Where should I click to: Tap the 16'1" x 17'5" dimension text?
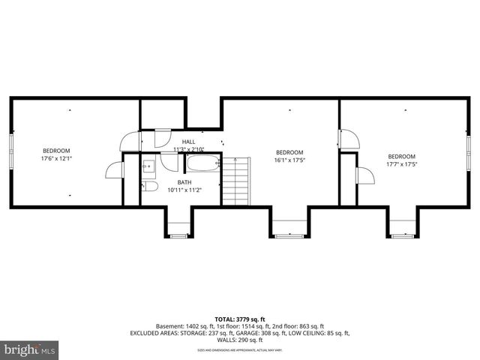289,160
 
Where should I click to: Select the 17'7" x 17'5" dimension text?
402,163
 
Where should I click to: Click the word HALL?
188,141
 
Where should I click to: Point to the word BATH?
184,182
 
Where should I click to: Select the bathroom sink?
148,165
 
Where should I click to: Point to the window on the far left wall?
11,152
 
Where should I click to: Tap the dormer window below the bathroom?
178,235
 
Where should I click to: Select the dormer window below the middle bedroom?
289,235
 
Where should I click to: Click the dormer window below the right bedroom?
402,235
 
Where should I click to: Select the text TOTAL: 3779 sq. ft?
240,318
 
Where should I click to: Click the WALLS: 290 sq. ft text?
240,339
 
